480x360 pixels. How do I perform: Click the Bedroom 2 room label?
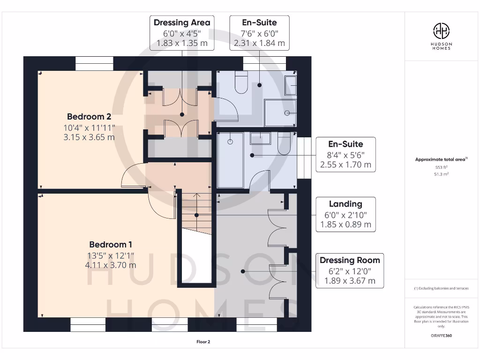pos(89,117)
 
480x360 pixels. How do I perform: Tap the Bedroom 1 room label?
pos(111,245)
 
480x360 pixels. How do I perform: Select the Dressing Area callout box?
pos(182,33)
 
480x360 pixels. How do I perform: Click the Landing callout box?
pos(345,214)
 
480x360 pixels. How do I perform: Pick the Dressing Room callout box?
pos(350,270)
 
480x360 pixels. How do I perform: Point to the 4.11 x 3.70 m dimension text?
pos(111,265)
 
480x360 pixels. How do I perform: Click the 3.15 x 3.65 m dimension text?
pos(89,137)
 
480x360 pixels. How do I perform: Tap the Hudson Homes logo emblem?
pos(441,31)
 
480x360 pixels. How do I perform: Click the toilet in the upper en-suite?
pos(241,82)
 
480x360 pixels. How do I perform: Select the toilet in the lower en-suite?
pos(284,143)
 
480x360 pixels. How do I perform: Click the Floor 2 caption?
pos(203,342)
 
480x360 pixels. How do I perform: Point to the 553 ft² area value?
pos(441,167)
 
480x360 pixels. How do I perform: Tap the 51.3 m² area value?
pos(441,174)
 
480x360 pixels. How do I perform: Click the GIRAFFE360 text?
pos(441,336)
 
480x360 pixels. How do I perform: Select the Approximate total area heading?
pos(441,159)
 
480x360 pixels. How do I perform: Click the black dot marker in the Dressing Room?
pos(243,271)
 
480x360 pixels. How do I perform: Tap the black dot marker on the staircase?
pos(196,215)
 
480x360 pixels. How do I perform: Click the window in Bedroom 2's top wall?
pos(94,64)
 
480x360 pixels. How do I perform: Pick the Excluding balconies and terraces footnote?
pos(441,288)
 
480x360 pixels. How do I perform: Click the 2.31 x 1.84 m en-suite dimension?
pos(259,43)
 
